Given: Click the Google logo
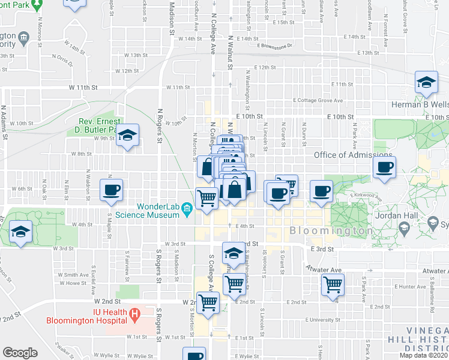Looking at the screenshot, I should click(20, 353).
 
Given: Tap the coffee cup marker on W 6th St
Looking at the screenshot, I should click(112, 190).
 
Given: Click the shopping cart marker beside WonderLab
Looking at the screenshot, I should click(206, 198).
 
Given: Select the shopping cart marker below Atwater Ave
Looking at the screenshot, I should click(333, 284).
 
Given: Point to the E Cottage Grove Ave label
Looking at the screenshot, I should click(318, 100).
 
